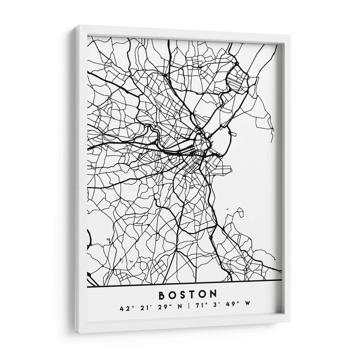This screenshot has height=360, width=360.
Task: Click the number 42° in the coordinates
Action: pos(125,309)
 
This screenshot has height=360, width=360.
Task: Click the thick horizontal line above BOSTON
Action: pos(184,280)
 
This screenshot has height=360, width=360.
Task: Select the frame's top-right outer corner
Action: pos(290,39)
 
